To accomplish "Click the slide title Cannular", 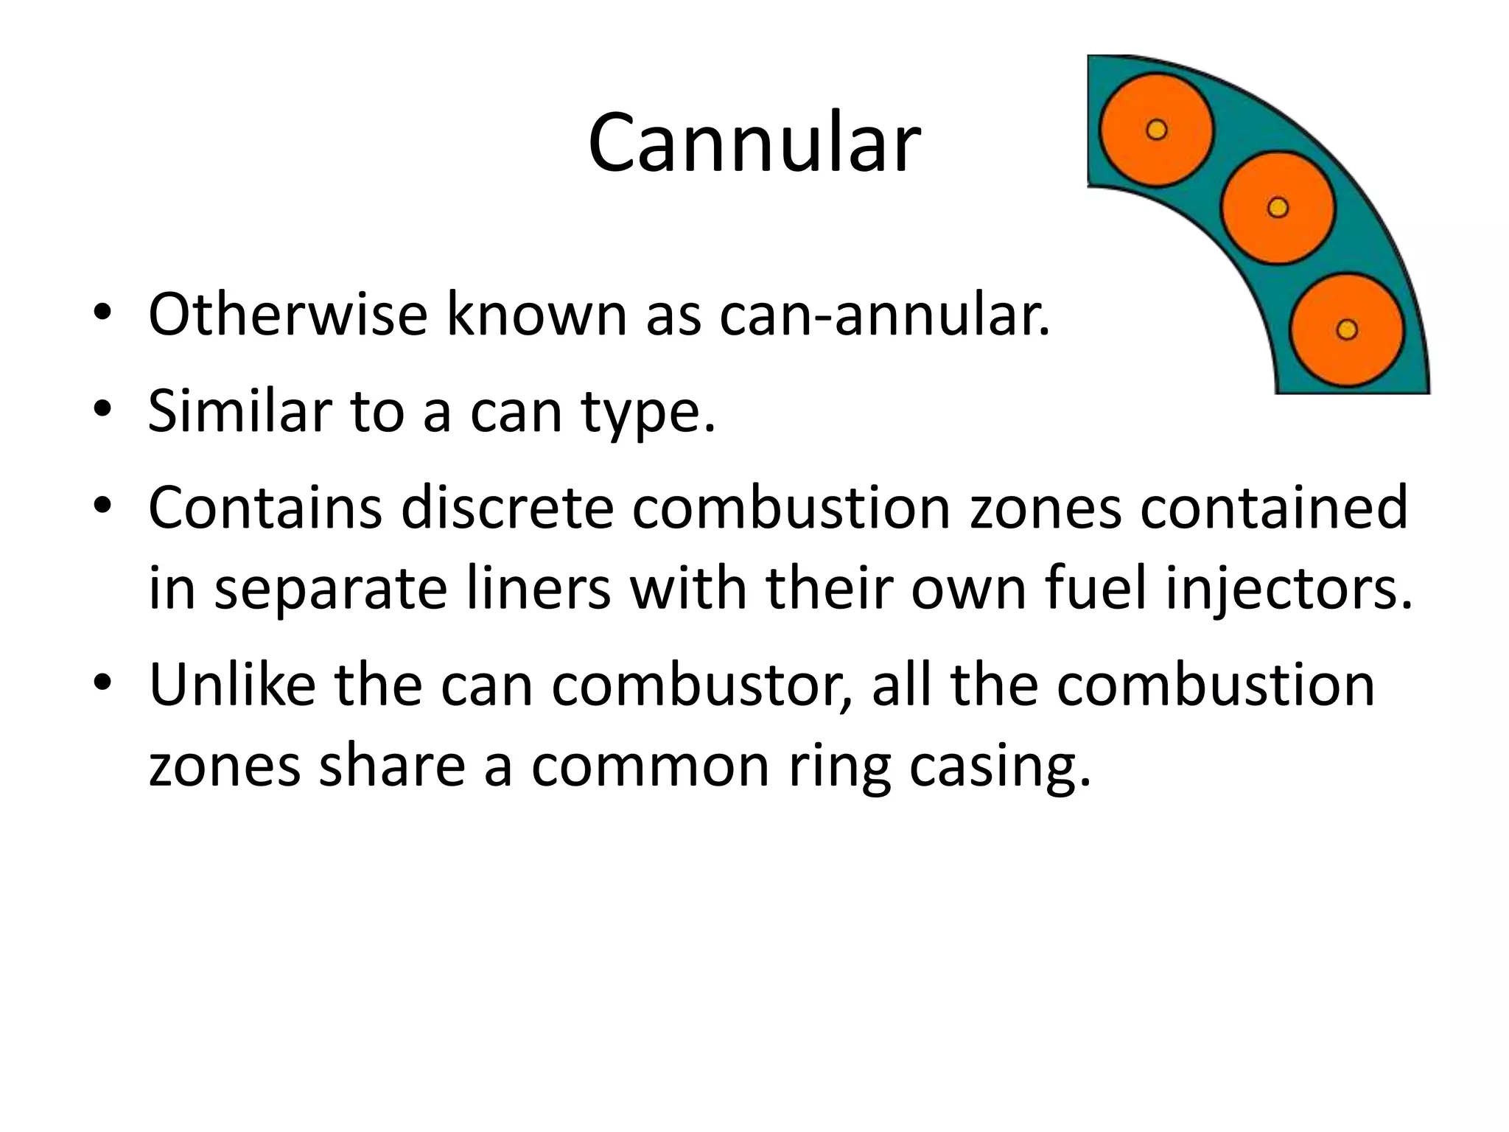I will click(754, 142).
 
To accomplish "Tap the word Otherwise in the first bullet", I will click(287, 315).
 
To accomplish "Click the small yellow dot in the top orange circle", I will click(1157, 130).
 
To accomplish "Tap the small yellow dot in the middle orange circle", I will click(1278, 208).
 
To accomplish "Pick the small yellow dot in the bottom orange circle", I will click(1347, 329).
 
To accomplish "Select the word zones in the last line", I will click(225, 766).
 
